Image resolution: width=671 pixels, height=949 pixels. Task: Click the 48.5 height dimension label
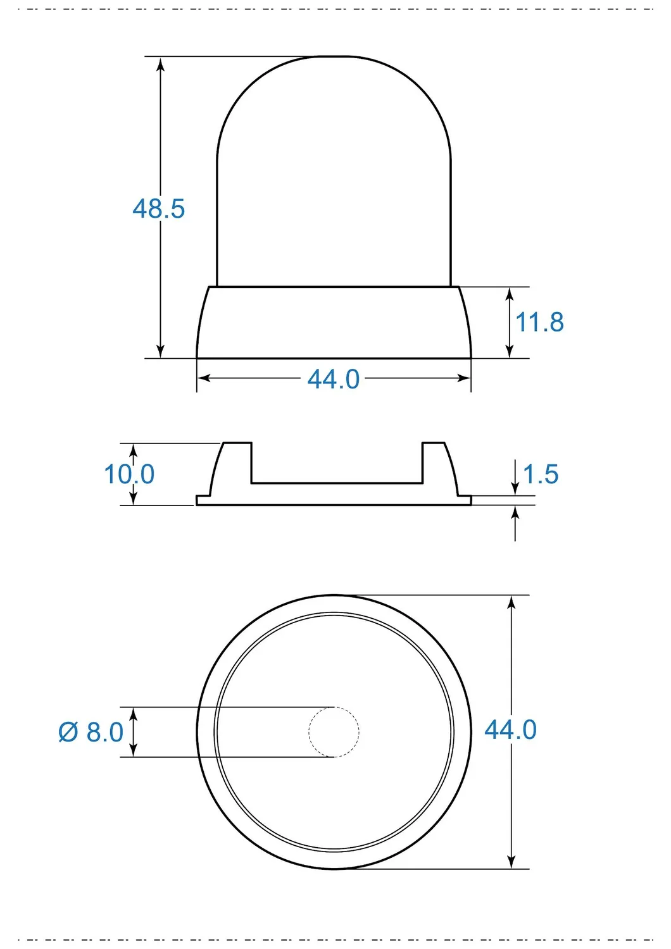(158, 209)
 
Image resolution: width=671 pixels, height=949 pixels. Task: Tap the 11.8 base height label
(539, 322)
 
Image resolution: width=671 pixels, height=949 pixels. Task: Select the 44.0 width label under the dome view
(333, 379)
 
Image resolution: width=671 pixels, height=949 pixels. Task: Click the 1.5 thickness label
(541, 474)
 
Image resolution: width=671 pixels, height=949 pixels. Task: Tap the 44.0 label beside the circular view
(510, 730)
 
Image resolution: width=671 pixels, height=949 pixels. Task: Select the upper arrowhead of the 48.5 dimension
(160, 66)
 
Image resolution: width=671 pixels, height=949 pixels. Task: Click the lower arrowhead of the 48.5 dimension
(160, 349)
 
